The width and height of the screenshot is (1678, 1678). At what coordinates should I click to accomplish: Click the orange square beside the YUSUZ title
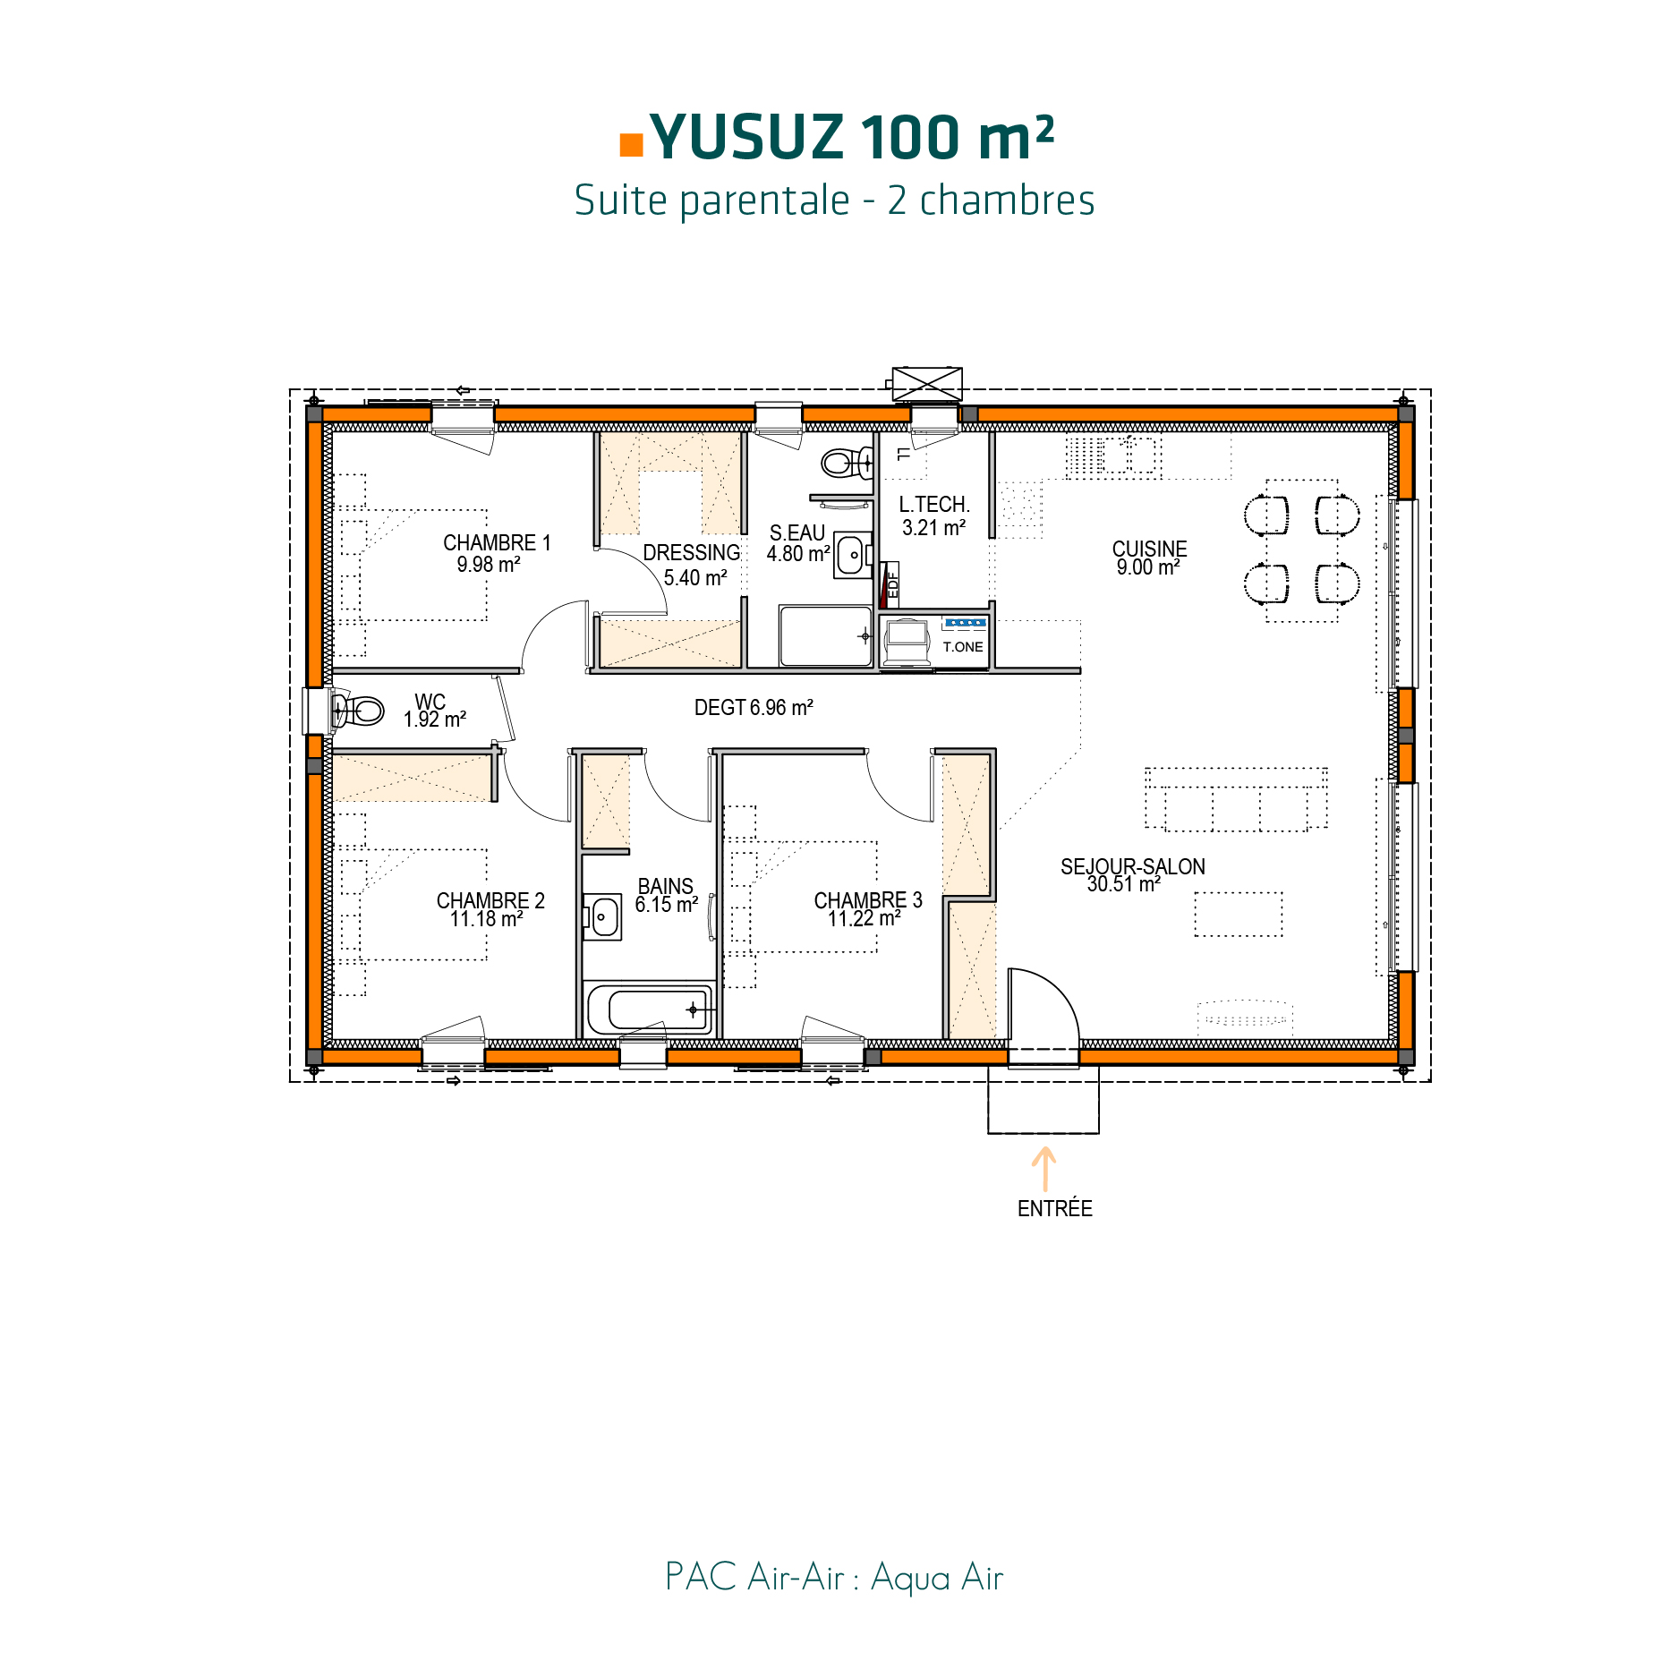pos(631,145)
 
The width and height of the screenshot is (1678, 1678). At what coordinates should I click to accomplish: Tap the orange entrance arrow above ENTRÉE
pos(1043,1169)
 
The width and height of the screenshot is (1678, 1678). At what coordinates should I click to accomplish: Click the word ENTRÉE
pos(1055,1209)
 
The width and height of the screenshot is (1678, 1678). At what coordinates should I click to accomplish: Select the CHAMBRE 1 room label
pos(497,543)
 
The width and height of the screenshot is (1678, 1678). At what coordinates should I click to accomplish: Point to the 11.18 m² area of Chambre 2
pos(486,920)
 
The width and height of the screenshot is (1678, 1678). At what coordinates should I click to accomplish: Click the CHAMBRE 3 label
pos(867,900)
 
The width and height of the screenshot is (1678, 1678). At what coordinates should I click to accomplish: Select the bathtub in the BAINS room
pos(650,1009)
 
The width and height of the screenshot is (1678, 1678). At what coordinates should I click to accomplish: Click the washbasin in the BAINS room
pos(603,917)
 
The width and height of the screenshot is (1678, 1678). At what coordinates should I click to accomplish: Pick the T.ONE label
pos(963,647)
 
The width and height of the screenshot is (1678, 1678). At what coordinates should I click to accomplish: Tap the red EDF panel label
pos(891,583)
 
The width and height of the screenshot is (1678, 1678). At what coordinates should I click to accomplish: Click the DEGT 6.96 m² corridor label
pos(754,708)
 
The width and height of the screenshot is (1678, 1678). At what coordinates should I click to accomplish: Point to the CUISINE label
pos(1149,549)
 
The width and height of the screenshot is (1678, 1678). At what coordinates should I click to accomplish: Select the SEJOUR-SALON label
pos(1133,866)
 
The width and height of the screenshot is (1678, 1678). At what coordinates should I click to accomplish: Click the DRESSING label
pos(692,553)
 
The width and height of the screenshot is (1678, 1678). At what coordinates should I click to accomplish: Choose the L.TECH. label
pos(934,505)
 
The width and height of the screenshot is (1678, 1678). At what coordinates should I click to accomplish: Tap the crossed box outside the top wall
pos(927,384)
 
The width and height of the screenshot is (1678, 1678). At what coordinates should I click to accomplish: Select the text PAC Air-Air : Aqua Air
pos(834,1578)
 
